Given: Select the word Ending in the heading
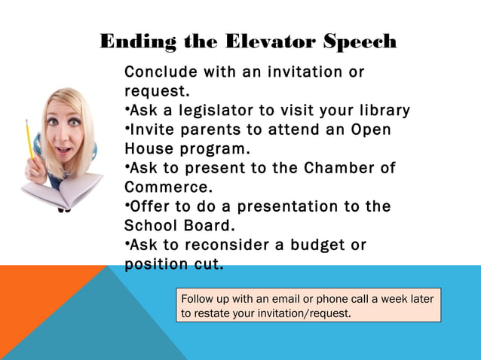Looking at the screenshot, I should pos(136,41).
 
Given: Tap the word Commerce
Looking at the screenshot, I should pos(166,187).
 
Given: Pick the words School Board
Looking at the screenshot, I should pos(179,225).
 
